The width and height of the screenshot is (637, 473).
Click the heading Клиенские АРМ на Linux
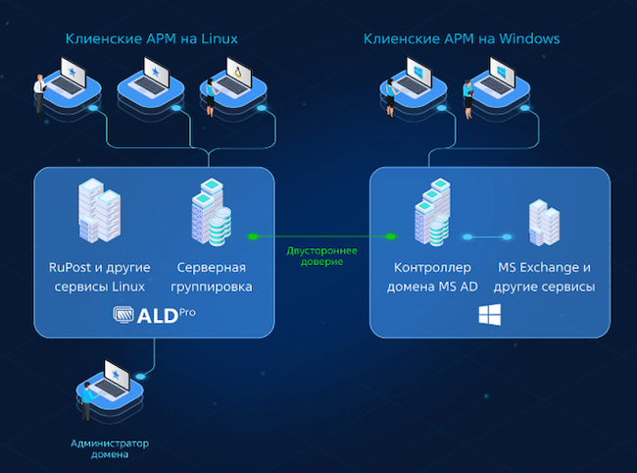[x=151, y=39]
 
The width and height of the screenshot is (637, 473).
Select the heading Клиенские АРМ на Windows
[x=461, y=39]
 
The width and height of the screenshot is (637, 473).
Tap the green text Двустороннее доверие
[x=321, y=256]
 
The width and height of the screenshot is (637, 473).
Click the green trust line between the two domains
[x=321, y=236]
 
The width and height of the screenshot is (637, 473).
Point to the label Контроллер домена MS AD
[x=432, y=277]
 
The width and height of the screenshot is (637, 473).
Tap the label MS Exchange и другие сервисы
[x=545, y=277]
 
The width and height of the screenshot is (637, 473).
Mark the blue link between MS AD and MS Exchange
[x=488, y=236]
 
